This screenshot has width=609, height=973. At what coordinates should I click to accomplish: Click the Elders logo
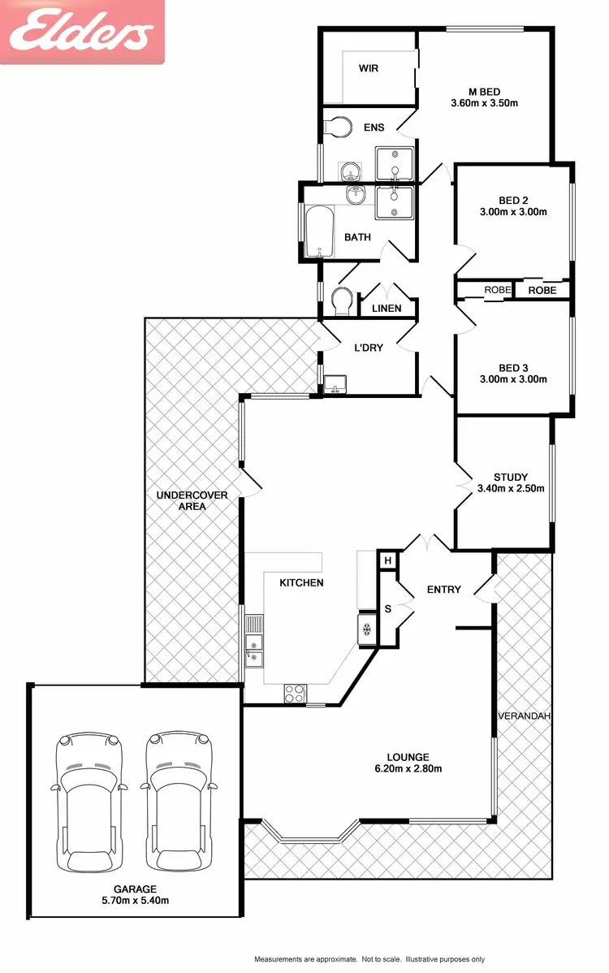pyautogui.click(x=81, y=32)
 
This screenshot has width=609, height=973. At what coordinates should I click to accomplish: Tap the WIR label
pyautogui.click(x=369, y=68)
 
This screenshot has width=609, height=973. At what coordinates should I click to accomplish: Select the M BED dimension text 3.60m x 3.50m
pyautogui.click(x=484, y=103)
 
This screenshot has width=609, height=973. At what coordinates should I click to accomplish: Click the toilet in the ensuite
pyautogui.click(x=335, y=127)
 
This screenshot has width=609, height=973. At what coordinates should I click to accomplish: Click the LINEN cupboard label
pyautogui.click(x=387, y=309)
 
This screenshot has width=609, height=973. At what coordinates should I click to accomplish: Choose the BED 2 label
pyautogui.click(x=513, y=200)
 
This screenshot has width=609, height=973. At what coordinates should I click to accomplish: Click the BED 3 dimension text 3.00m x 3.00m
pyautogui.click(x=513, y=379)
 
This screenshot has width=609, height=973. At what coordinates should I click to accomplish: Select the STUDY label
pyautogui.click(x=511, y=477)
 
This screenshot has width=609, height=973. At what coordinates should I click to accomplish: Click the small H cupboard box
pyautogui.click(x=387, y=560)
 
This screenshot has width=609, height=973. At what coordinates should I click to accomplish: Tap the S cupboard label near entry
pyautogui.click(x=387, y=608)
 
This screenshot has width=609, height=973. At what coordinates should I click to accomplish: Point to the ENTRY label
pyautogui.click(x=443, y=590)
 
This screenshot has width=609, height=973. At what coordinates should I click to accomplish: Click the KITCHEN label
pyautogui.click(x=301, y=583)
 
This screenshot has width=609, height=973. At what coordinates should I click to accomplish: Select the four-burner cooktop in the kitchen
pyautogui.click(x=294, y=694)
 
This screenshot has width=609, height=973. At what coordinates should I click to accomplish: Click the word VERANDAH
pyautogui.click(x=525, y=716)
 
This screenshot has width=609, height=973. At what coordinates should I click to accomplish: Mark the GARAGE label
pyautogui.click(x=135, y=889)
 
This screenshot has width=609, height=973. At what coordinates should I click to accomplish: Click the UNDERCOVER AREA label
pyautogui.click(x=192, y=500)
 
